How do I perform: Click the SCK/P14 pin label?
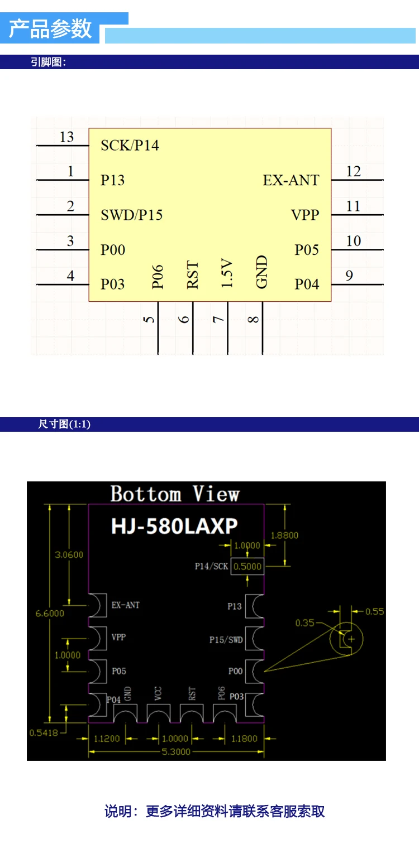130,146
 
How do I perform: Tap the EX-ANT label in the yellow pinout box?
291,180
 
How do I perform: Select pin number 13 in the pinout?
66,137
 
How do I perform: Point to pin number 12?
353,171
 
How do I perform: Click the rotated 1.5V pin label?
227,273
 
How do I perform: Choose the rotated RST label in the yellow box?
192,274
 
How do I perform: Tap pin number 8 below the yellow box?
253,320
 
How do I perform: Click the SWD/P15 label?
132,215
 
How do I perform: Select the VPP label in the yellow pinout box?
306,215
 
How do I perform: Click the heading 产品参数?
50,29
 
